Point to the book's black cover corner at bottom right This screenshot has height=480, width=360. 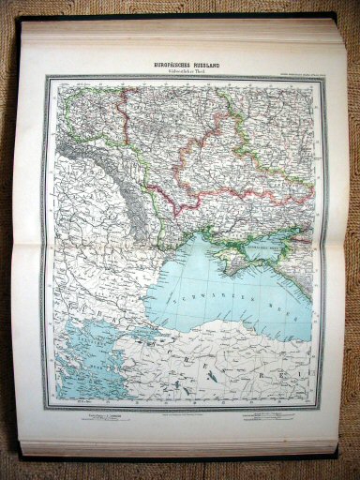point(333,457)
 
